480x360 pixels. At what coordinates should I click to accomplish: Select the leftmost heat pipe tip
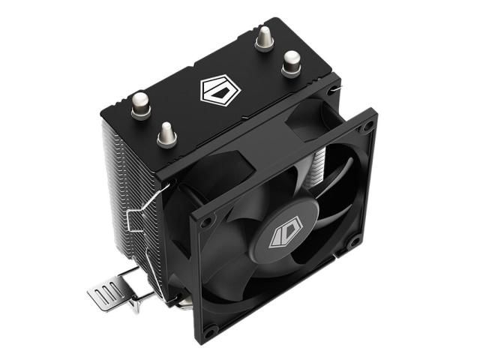140,104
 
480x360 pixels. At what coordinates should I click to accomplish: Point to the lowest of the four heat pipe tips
166,133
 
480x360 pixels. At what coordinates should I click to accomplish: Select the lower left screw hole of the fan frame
212,329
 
